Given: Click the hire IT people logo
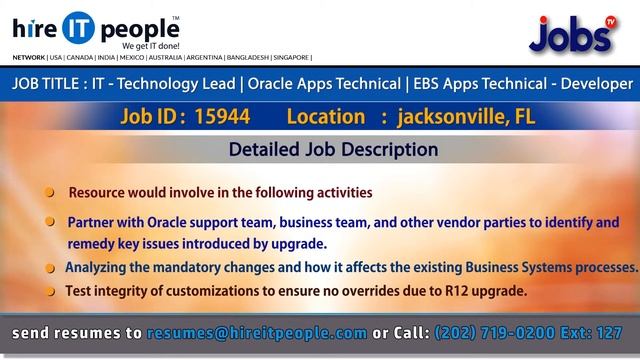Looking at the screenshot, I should pos(95,27).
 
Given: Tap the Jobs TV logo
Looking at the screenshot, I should pos(571,35).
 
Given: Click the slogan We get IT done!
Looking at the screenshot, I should pos(150,46).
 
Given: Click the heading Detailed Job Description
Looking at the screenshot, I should pos(333,150).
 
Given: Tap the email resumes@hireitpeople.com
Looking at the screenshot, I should pos(256,332).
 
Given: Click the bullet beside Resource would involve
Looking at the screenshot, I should pos(50,192).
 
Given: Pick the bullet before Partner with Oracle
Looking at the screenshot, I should pos(50,222).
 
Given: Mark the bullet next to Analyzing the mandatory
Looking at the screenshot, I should pos(50,269).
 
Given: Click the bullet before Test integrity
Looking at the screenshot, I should pos(50,292).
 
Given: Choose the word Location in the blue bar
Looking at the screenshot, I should pos(324,117).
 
